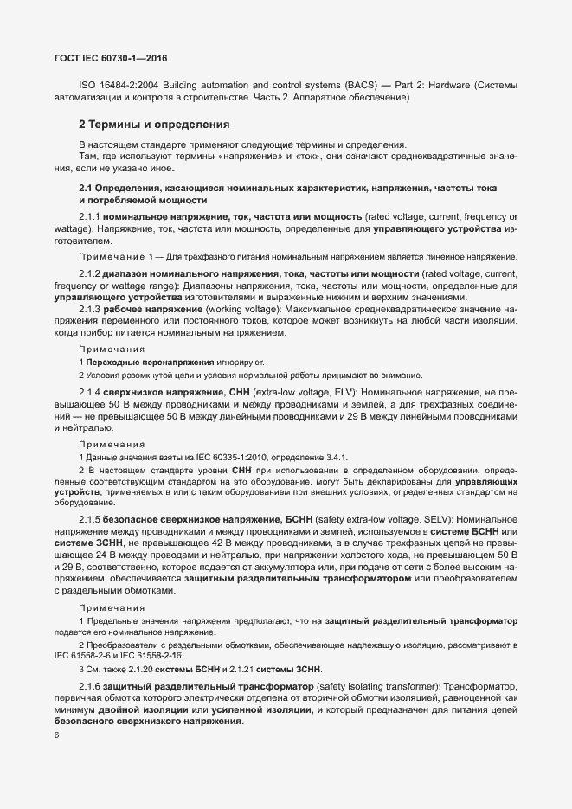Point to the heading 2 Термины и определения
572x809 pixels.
point(153,125)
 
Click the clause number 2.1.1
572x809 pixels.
point(91,215)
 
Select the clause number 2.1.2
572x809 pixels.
point(91,273)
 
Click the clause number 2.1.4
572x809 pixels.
point(91,392)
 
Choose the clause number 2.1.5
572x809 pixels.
point(91,518)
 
